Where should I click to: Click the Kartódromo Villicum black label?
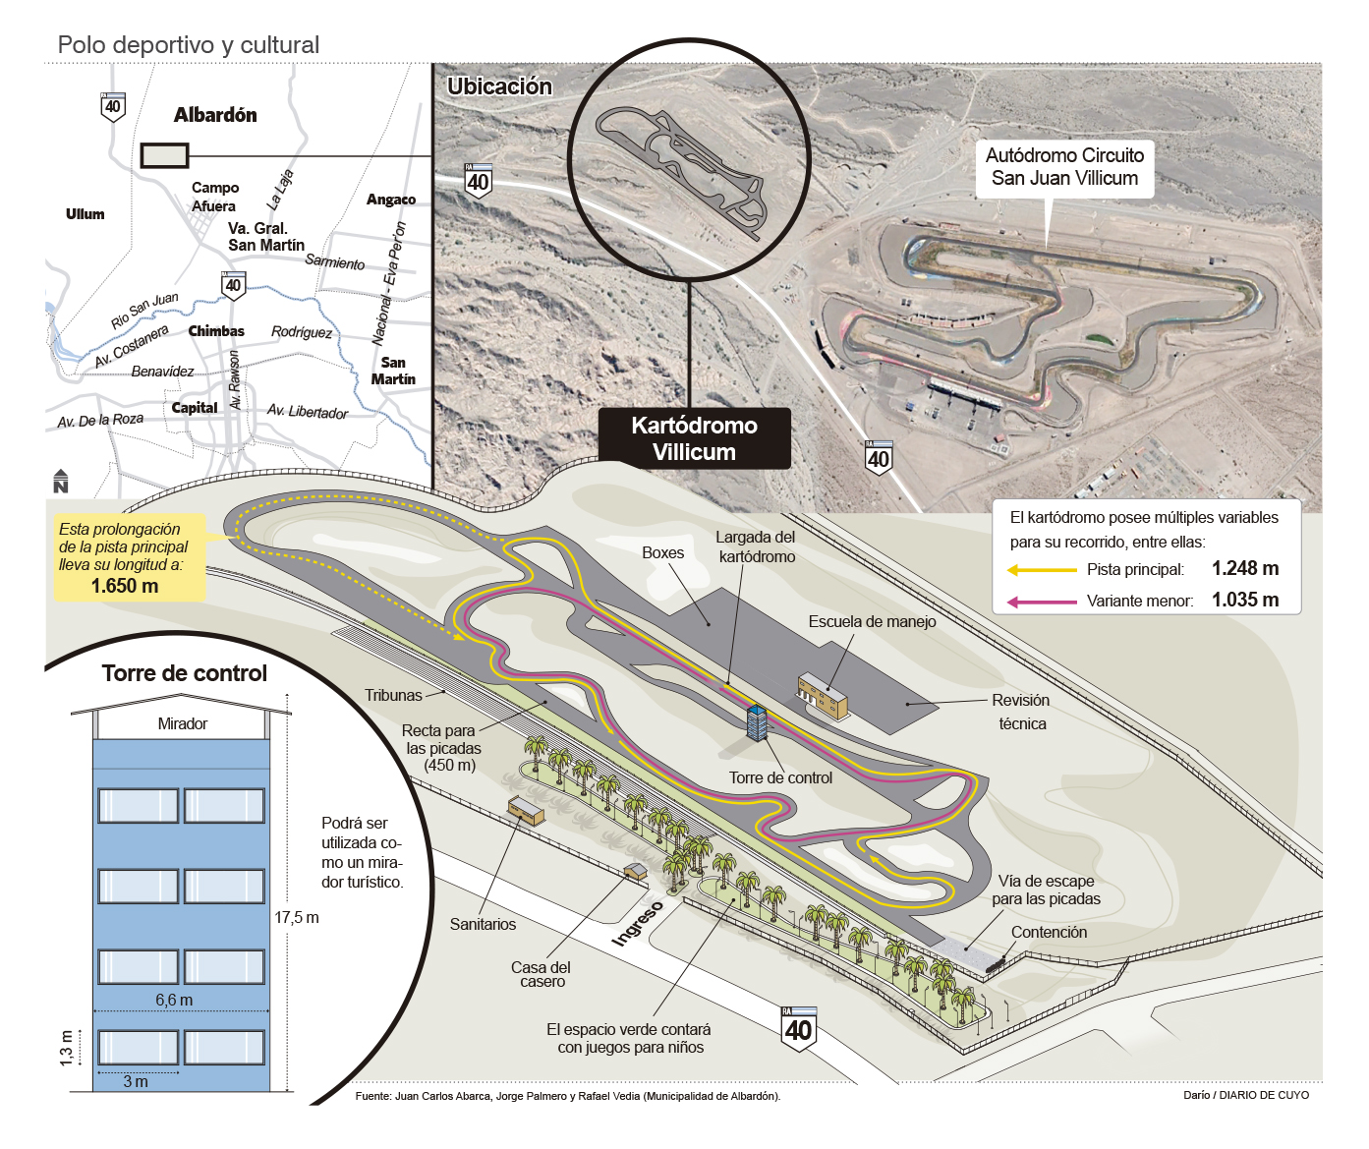(694, 438)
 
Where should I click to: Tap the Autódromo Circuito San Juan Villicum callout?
(1064, 167)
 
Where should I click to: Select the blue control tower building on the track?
(757, 723)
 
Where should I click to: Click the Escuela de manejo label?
(872, 621)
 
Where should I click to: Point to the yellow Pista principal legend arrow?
(1042, 570)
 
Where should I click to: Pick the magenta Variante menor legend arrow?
(1042, 602)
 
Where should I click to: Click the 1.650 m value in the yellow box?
(125, 586)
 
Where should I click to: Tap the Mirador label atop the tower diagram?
(183, 724)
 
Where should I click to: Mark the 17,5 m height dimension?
(296, 917)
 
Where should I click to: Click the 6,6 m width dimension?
(174, 1000)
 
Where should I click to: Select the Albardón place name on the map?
(215, 115)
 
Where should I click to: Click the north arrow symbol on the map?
(61, 481)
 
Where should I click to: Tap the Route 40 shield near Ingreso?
(798, 1029)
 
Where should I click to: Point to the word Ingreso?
(637, 924)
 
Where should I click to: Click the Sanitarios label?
(483, 924)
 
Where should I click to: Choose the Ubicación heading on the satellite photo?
(499, 86)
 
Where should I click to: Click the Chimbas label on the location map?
(216, 331)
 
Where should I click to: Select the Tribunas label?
(393, 695)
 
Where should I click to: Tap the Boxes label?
(662, 552)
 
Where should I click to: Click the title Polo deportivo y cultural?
(189, 45)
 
